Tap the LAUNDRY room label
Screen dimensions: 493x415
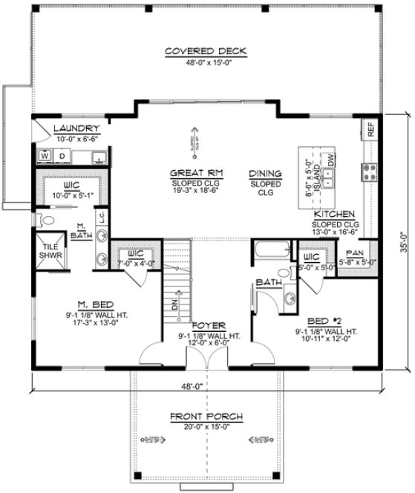point(76,128)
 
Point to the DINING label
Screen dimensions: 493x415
point(265,172)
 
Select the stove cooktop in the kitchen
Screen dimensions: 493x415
point(368,172)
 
